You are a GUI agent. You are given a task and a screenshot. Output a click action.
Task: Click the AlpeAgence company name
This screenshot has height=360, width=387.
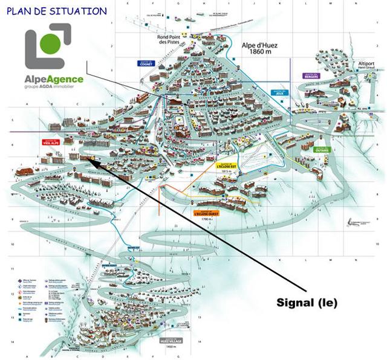54,79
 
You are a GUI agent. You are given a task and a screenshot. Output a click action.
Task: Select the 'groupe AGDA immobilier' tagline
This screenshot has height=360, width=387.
54,88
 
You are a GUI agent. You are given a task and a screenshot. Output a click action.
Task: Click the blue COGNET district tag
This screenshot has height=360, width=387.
145,62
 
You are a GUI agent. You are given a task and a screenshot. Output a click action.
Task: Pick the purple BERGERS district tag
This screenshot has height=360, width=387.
311,76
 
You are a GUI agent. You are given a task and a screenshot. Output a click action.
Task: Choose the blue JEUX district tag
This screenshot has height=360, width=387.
279,94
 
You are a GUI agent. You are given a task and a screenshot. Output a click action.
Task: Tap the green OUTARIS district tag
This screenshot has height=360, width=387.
322,150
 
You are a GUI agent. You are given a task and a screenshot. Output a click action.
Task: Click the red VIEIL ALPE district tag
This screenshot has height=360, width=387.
50,143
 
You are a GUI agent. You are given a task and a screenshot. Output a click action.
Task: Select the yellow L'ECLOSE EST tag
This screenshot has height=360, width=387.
226,164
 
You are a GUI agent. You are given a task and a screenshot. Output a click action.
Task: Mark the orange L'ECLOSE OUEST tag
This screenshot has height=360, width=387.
206,213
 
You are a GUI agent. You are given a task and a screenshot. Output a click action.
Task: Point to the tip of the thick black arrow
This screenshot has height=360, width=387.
88,158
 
